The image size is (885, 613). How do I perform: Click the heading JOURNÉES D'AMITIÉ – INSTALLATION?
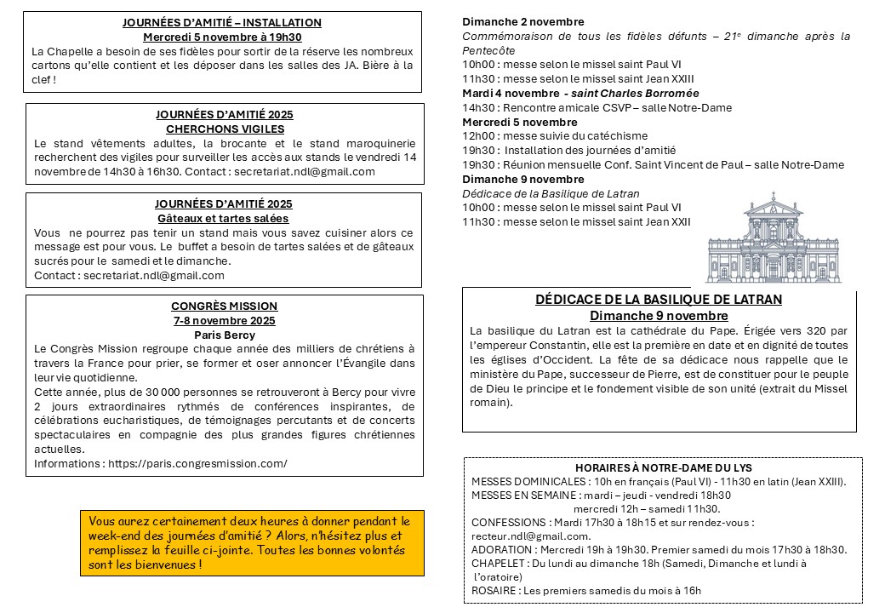pyautogui.click(x=222, y=23)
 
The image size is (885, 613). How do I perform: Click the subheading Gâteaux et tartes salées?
pyautogui.click(x=223, y=219)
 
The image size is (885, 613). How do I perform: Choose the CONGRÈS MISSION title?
pyautogui.click(x=224, y=306)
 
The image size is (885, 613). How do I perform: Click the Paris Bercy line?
pyautogui.click(x=224, y=335)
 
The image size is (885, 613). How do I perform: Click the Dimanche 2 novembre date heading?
pyautogui.click(x=523, y=21)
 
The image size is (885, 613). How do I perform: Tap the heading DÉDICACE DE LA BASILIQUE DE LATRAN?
pyautogui.click(x=659, y=300)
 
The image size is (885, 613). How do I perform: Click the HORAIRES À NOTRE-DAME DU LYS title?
pyautogui.click(x=664, y=468)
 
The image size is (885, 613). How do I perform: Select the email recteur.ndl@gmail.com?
pyautogui.click(x=530, y=536)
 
